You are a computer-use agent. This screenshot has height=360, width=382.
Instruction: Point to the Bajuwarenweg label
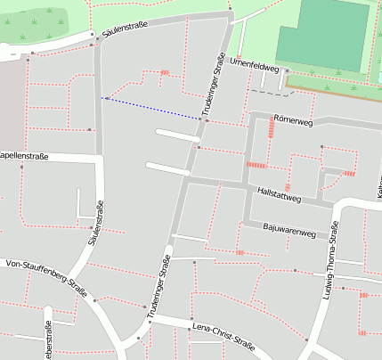click(x=289, y=233)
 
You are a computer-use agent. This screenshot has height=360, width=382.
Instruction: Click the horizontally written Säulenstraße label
click(x=126, y=30)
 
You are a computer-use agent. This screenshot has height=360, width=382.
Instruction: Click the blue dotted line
click(x=151, y=108)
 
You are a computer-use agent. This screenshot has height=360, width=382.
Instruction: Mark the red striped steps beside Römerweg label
click(x=269, y=129)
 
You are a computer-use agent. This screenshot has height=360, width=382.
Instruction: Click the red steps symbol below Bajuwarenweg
click(x=240, y=252)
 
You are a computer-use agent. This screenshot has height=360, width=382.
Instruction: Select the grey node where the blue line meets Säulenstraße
click(x=102, y=98)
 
